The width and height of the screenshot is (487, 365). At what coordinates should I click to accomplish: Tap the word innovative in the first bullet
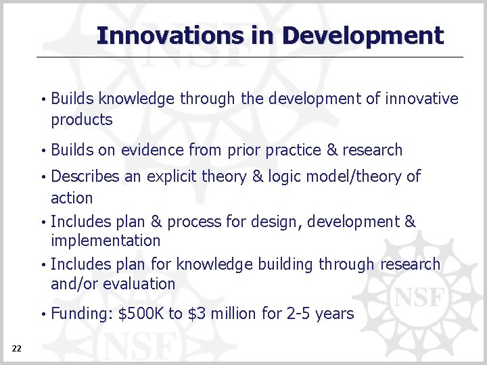[421, 99]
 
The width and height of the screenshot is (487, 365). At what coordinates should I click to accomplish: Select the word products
[81, 120]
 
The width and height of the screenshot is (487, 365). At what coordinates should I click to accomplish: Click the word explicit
[171, 177]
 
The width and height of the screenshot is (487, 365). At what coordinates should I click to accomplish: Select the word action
[72, 198]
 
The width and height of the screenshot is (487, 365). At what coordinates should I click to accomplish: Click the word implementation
[106, 241]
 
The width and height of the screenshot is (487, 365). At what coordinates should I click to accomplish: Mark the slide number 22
[17, 348]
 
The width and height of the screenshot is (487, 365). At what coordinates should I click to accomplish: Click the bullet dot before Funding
[43, 314]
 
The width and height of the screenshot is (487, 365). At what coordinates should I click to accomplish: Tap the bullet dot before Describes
[43, 177]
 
